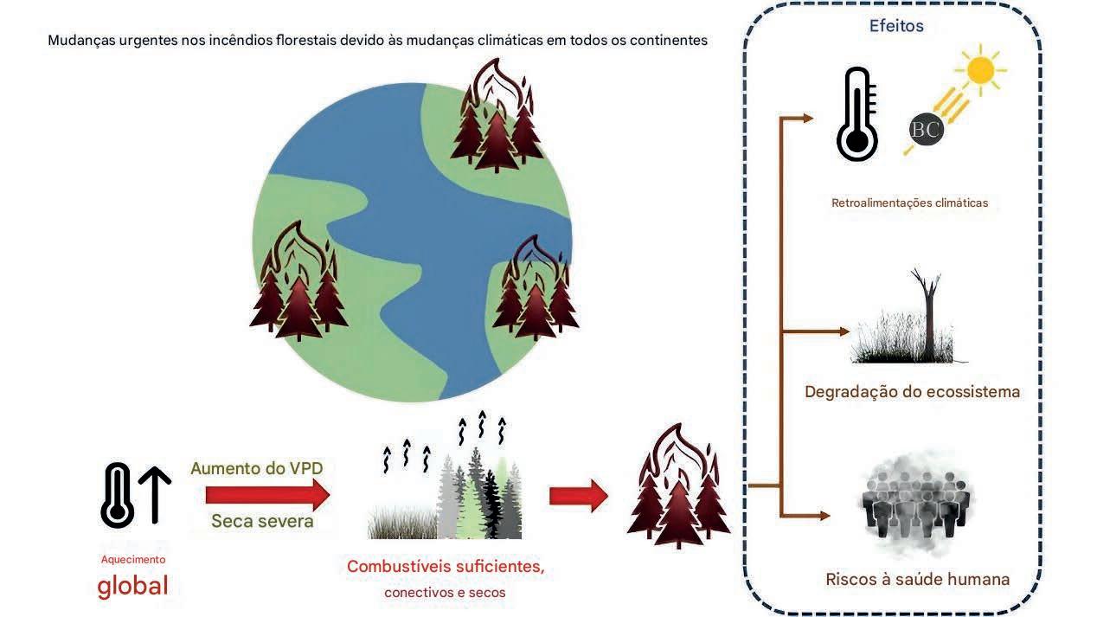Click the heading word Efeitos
[896, 26]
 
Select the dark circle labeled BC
[925, 129]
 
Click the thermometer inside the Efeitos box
[856, 115]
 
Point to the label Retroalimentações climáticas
[909, 203]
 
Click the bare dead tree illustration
[929, 315]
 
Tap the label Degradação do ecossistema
[912, 391]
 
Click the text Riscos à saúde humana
[917, 579]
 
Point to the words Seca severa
[262, 522]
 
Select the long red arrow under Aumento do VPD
[267, 496]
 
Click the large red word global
[132, 586]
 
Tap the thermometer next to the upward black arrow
[118, 494]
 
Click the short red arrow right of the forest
[578, 496]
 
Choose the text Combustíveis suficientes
[446, 567]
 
